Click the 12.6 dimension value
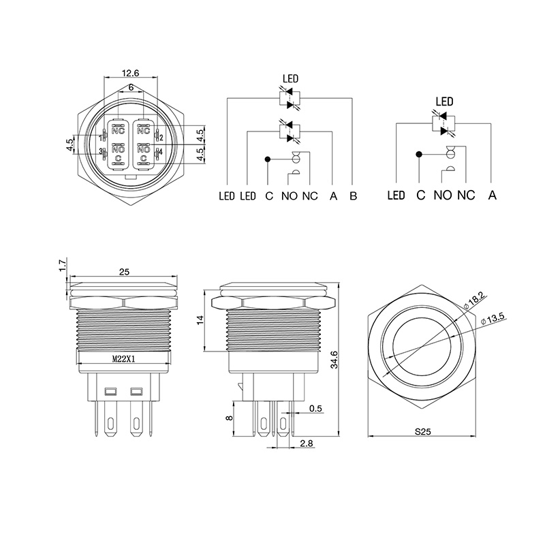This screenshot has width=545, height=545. (x=130, y=73)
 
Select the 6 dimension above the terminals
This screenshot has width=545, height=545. (x=130, y=88)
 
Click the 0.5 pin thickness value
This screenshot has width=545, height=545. (x=315, y=409)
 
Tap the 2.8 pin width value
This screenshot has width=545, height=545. (x=307, y=443)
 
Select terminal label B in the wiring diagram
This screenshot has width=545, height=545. (x=353, y=196)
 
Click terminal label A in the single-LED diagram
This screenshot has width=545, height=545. (x=492, y=196)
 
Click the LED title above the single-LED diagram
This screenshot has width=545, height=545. (x=444, y=102)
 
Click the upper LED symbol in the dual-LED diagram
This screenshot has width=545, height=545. (x=290, y=98)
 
